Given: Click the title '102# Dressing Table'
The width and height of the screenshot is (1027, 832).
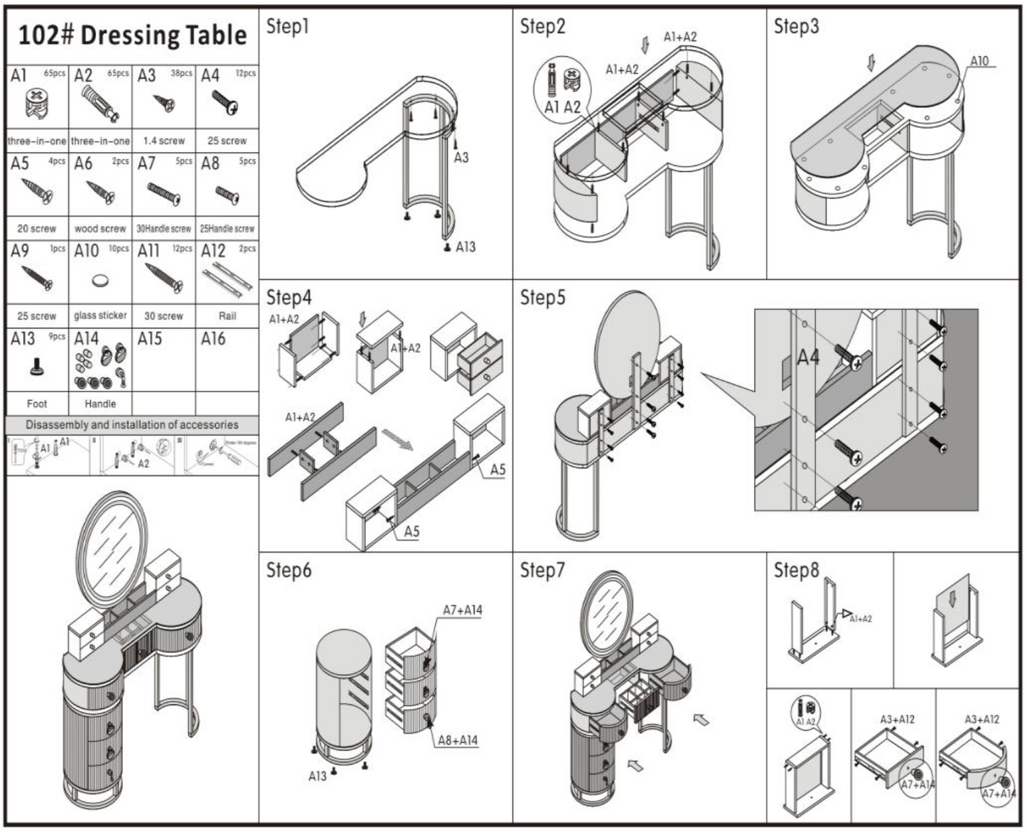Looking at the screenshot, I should tap(132, 35).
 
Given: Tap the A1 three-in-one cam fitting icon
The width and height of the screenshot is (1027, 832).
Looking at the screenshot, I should tap(37, 104).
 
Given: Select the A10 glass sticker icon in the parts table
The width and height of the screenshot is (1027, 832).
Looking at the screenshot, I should tap(101, 281).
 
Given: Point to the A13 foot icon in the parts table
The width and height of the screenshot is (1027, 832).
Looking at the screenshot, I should tap(37, 367).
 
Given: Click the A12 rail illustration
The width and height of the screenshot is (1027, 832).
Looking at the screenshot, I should tap(227, 278).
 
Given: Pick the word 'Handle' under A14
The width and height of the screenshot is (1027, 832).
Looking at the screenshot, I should tap(100, 404).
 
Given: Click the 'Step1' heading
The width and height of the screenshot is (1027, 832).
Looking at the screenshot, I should tap(288, 27).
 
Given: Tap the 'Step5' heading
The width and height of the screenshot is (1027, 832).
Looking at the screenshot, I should tap(542, 298).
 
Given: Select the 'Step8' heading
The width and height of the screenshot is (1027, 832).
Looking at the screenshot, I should tap(796, 570).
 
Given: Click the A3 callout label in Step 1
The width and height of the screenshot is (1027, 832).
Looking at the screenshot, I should tap(461, 157).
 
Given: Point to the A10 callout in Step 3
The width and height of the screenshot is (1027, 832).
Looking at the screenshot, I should tap(979, 61).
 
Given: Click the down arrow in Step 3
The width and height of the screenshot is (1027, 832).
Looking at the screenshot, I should tap(871, 63).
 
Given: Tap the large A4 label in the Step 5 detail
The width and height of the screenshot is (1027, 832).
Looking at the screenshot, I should tap(809, 357).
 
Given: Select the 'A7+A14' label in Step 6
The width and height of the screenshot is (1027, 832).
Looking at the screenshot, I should tap(462, 610).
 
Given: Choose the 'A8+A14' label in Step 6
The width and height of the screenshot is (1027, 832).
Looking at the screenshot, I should tap(457, 740).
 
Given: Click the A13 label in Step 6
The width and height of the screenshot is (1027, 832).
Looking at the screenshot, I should tap(317, 777).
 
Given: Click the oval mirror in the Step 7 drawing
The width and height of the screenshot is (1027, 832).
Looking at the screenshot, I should tap(606, 612).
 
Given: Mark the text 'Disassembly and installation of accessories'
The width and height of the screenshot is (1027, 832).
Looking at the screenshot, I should tap(132, 425).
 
